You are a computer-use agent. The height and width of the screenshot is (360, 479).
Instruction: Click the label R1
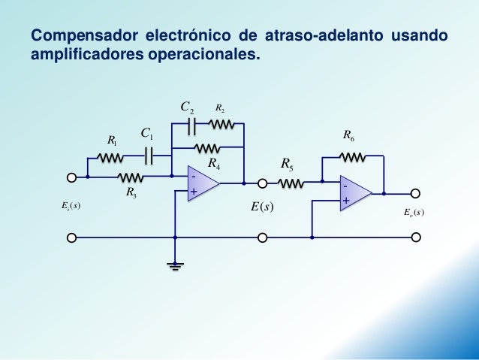(x=112, y=141)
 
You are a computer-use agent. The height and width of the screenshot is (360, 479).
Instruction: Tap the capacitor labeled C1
(x=149, y=156)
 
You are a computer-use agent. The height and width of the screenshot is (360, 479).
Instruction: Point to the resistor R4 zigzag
(x=206, y=147)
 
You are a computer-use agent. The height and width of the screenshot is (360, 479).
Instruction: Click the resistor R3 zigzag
(x=131, y=177)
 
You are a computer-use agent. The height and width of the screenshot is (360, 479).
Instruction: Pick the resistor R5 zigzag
(x=291, y=182)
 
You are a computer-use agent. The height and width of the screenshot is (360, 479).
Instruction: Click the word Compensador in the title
(x=79, y=35)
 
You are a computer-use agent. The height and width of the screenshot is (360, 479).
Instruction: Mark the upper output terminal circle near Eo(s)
(x=414, y=194)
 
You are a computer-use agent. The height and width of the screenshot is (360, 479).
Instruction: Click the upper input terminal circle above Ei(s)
(x=71, y=178)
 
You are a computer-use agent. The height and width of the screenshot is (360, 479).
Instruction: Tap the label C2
(x=188, y=108)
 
